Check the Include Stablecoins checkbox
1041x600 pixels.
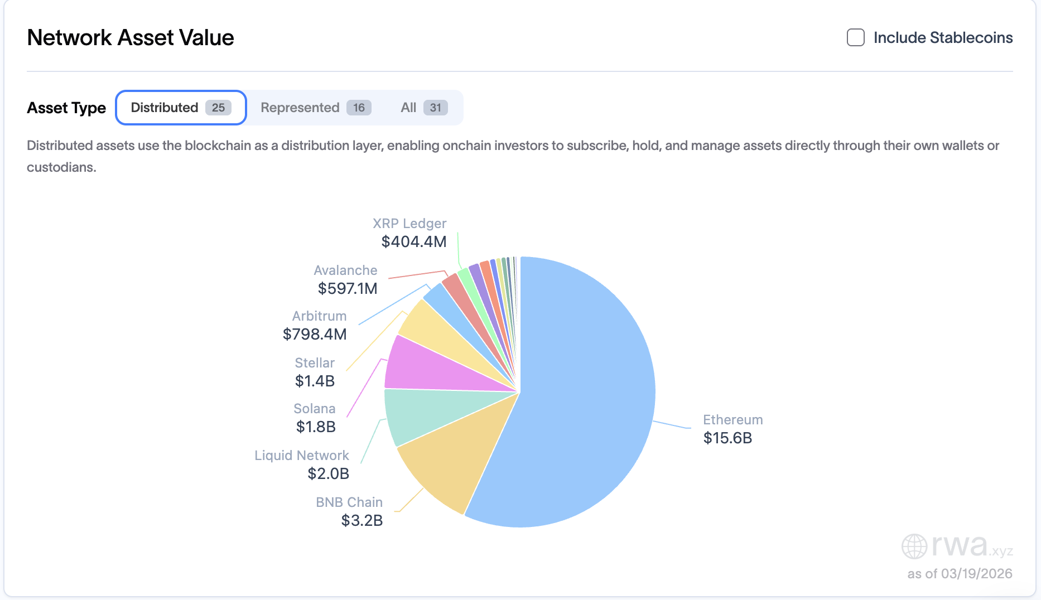pos(855,38)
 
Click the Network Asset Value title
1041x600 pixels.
pos(131,38)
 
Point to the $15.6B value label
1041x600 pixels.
pos(727,438)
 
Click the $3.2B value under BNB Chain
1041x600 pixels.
pos(362,521)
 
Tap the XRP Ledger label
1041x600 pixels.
pos(409,224)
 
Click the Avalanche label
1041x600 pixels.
pos(345,270)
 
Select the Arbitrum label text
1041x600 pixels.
pos(319,316)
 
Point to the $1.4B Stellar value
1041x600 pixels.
pos(315,381)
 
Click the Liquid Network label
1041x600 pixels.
pos(301,456)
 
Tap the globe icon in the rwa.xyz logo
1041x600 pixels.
pos(914,546)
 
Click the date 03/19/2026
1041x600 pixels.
pos(976,574)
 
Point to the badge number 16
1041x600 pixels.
pos(359,108)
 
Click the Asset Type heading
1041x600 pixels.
pos(66,108)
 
